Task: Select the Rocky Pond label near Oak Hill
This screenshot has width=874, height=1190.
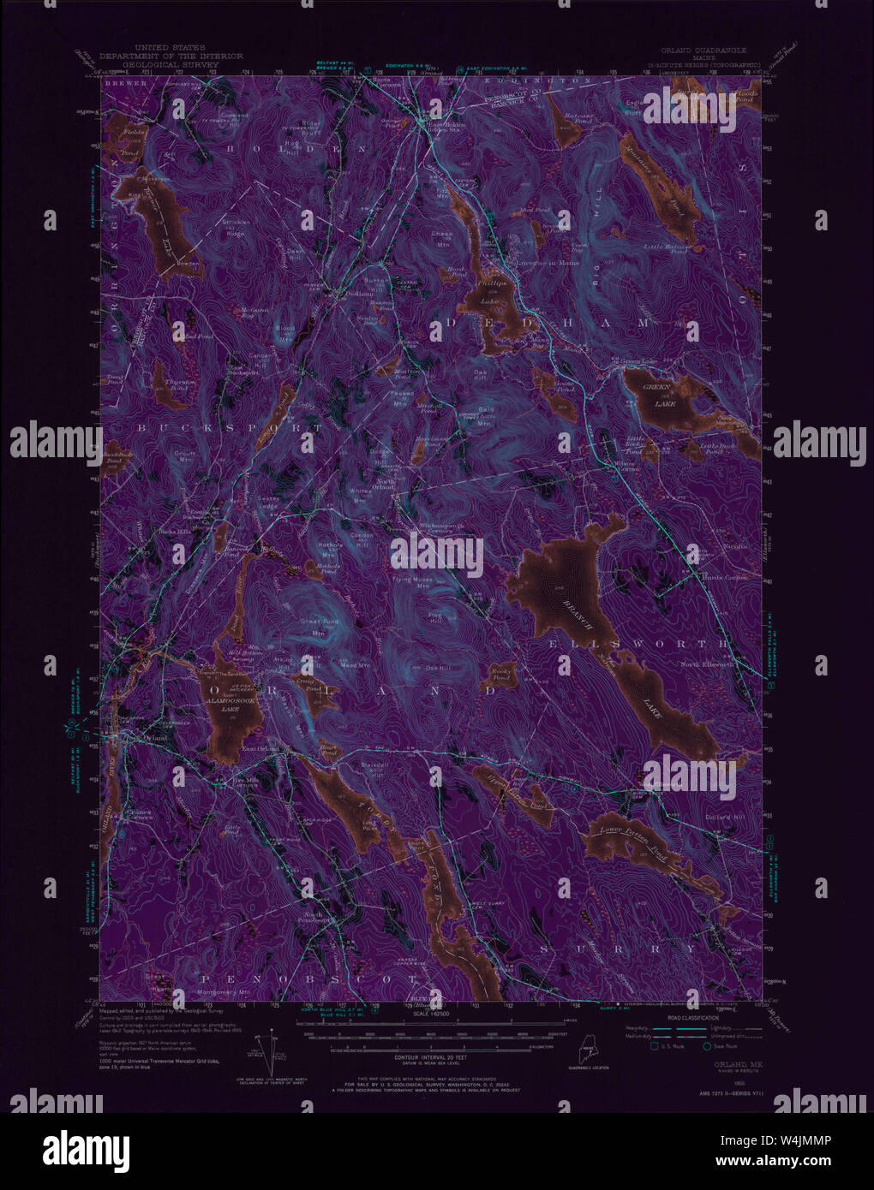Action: [500, 676]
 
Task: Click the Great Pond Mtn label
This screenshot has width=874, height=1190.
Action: [318, 627]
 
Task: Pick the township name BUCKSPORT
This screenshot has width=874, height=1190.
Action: [231, 426]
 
